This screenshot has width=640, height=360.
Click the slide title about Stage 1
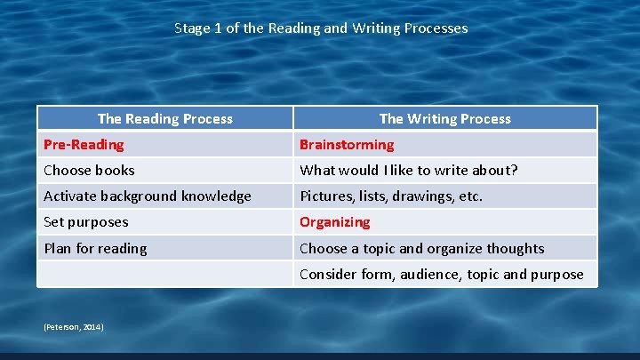(x=320, y=28)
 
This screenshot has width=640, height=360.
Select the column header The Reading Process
(x=164, y=119)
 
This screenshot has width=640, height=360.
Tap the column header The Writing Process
(x=444, y=119)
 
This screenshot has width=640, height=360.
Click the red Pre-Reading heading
(x=84, y=145)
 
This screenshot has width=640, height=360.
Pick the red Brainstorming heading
(x=347, y=145)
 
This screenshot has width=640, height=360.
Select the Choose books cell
(x=89, y=171)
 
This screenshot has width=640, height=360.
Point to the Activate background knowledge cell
(x=148, y=196)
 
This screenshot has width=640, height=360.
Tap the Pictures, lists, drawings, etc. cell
(x=391, y=196)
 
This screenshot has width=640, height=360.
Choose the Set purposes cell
(x=86, y=222)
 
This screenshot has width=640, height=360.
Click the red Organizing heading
(x=334, y=222)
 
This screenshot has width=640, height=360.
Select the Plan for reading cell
(x=96, y=248)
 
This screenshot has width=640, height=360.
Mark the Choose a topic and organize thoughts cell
(x=421, y=248)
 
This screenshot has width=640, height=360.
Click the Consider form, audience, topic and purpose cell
(x=441, y=275)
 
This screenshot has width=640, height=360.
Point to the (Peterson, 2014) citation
(x=74, y=328)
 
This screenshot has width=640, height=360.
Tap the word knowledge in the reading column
(x=216, y=196)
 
